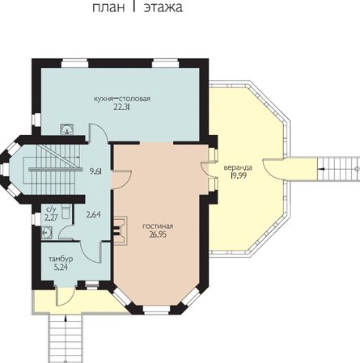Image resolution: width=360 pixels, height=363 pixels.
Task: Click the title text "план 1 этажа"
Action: [x=138, y=7]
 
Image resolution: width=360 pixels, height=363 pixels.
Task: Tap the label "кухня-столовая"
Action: [x=122, y=99]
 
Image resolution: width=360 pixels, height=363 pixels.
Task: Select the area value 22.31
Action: [x=122, y=107]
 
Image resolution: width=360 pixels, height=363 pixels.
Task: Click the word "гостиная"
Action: [x=158, y=226]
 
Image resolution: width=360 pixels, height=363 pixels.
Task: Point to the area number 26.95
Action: [x=158, y=234]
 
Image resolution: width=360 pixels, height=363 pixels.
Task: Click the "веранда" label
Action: [x=238, y=167]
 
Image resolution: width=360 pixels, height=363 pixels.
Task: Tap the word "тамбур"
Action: [x=61, y=260]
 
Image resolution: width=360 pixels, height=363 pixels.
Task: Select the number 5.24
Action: [x=61, y=267]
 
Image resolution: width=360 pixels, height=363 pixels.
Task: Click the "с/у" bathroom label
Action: [x=51, y=209]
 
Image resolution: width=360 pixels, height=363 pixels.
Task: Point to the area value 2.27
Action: [x=51, y=217]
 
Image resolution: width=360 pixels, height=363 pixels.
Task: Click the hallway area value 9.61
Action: [x=95, y=171]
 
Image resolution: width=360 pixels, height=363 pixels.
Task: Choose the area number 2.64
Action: [x=93, y=215]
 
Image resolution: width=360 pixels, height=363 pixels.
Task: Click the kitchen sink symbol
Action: [x=66, y=129]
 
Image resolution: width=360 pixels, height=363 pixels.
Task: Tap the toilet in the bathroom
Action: [x=66, y=211]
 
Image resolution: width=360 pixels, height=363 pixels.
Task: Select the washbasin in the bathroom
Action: [x=47, y=232]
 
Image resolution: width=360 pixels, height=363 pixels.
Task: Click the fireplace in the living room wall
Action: [x=120, y=230]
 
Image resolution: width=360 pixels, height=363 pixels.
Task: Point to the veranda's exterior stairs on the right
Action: [x=338, y=169]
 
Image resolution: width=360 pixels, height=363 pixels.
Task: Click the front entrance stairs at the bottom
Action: [x=66, y=338]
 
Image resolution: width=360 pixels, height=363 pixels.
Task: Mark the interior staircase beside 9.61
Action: [x=55, y=169]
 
